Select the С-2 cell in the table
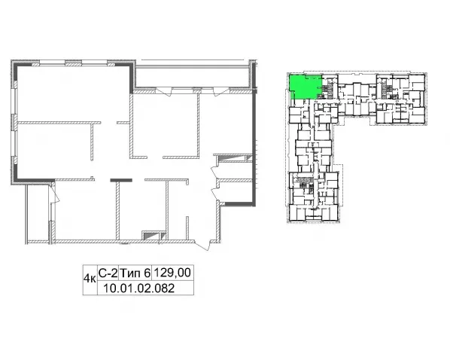click(108, 273)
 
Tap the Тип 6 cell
click(135, 273)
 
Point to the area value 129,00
click(172, 273)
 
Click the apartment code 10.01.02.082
click(138, 288)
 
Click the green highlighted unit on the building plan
click(304, 87)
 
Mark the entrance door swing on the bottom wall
click(205, 245)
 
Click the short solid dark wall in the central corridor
click(121, 180)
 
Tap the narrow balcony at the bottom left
click(38, 212)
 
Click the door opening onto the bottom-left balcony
click(54, 193)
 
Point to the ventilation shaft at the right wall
click(234, 159)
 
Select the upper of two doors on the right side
click(214, 172)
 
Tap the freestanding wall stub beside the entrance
click(187, 227)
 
